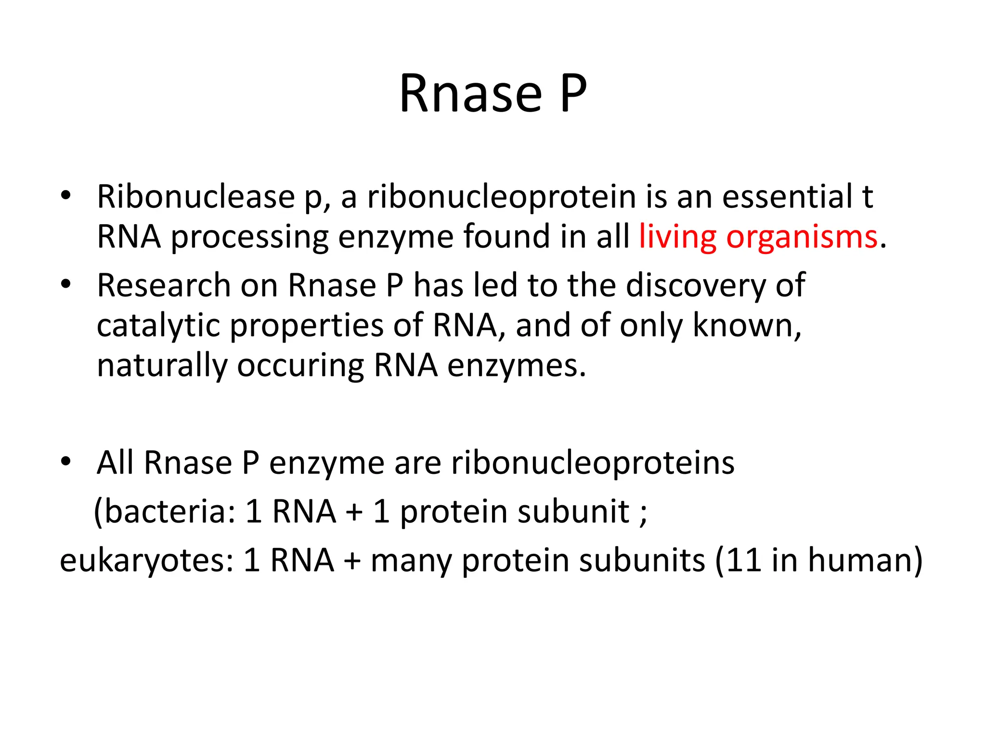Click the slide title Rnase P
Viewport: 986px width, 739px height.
[493, 94]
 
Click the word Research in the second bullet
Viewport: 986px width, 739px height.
[164, 286]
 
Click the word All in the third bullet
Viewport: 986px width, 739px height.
[115, 463]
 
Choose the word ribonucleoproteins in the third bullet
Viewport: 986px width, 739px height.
[593, 463]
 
